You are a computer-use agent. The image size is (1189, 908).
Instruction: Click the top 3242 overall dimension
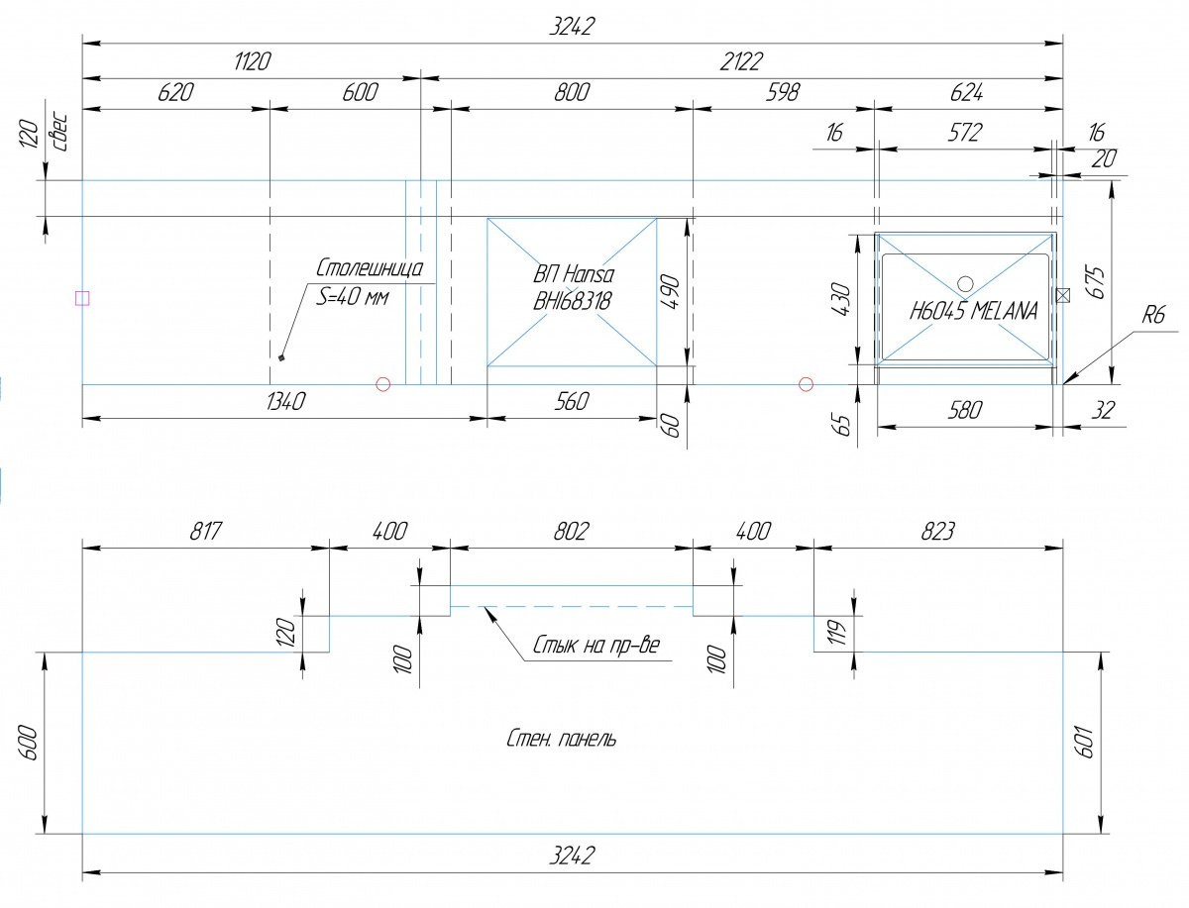click(571, 28)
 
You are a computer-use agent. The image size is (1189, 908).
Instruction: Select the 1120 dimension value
click(252, 61)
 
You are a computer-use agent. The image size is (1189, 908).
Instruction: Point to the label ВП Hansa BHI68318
click(573, 288)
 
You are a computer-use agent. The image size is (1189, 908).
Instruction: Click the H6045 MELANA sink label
click(973, 311)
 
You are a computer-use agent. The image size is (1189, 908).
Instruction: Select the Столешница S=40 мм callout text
click(370, 281)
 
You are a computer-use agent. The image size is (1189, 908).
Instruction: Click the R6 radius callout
click(1153, 315)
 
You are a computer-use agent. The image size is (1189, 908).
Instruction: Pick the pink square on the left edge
click(82, 298)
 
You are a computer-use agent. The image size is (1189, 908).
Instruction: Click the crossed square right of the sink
click(1063, 295)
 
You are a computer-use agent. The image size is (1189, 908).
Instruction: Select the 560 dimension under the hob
click(572, 401)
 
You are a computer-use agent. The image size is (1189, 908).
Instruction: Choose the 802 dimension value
click(571, 531)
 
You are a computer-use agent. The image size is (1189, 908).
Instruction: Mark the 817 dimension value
click(205, 531)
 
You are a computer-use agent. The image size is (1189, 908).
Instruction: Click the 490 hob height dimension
click(671, 293)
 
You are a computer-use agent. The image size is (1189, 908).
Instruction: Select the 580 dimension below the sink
click(964, 410)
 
